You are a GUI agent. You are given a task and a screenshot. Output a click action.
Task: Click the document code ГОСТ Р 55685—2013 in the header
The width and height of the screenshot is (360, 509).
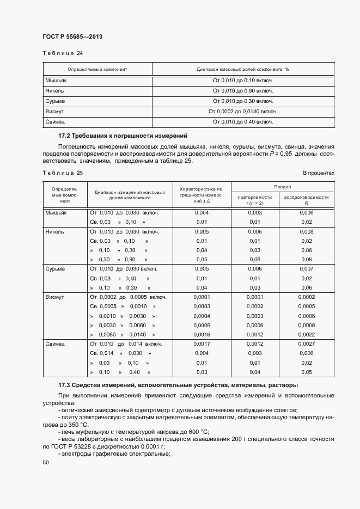click(x=72, y=36)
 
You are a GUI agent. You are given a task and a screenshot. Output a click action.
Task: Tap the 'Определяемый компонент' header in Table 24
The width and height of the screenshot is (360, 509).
click(x=97, y=70)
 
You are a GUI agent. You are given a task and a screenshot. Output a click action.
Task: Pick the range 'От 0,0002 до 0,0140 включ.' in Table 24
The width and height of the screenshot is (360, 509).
click(x=243, y=112)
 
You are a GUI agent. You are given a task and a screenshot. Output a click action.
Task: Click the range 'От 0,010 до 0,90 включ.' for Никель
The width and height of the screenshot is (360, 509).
click(x=243, y=91)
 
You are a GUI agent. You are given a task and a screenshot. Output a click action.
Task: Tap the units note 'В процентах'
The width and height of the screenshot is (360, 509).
click(x=318, y=173)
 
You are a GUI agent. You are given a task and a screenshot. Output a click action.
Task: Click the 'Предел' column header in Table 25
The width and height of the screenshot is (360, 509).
click(x=282, y=187)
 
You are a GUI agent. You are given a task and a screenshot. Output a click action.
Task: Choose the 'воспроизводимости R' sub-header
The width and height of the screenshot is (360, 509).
click(x=306, y=200)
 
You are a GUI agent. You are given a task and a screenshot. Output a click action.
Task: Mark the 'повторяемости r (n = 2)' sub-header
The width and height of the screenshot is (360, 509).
click(x=255, y=200)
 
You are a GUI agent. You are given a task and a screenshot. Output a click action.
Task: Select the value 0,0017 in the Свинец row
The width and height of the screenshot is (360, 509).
click(x=202, y=344)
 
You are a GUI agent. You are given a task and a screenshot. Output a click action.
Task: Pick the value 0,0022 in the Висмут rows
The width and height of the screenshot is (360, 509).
click(x=306, y=334)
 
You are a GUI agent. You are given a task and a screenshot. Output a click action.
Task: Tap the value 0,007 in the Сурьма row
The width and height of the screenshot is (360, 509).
click(x=306, y=269)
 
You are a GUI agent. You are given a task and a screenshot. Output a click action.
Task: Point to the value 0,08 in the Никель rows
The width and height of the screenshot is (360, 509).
click(x=306, y=260)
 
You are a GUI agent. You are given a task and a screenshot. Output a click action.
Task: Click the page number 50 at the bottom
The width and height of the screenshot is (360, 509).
click(x=46, y=463)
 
